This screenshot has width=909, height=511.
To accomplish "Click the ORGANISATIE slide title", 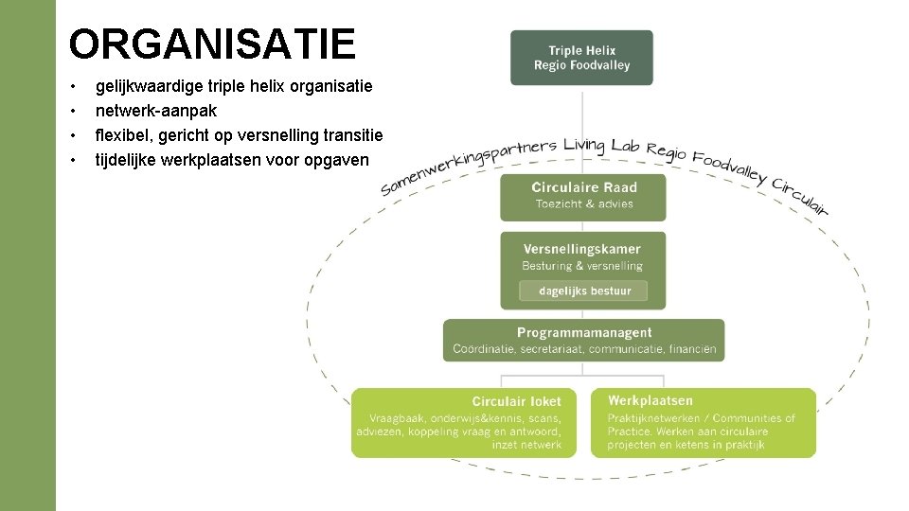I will click(x=212, y=44).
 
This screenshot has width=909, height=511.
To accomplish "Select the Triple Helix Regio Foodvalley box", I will click(x=581, y=58).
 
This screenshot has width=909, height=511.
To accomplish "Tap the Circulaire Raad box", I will click(x=583, y=196).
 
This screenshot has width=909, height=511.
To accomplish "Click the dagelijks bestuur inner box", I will click(x=583, y=291).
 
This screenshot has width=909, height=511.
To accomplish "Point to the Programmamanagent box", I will click(x=583, y=340).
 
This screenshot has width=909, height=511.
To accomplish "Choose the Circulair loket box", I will click(x=463, y=423).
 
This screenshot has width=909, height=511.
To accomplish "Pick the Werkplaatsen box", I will click(x=703, y=423).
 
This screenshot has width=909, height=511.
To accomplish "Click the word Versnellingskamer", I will click(x=582, y=250).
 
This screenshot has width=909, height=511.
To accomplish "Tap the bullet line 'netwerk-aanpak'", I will click(x=156, y=111).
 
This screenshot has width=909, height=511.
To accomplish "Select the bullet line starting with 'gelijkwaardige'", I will click(x=234, y=86).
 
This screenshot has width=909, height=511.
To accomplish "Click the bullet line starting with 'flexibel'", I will click(x=239, y=135).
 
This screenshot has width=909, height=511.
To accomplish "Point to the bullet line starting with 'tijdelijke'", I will click(x=232, y=160).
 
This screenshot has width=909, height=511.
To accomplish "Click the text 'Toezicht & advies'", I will click(x=583, y=204).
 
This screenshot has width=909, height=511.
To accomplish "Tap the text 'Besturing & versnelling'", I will click(x=582, y=266).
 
